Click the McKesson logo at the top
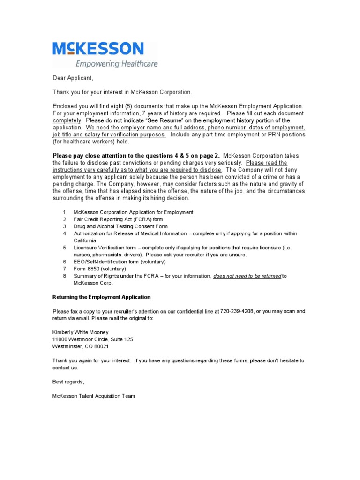pyautogui.click(x=98, y=49)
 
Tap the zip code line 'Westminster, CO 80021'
pyautogui.click(x=80, y=346)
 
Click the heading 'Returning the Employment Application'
pyautogui.click(x=101, y=297)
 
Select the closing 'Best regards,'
pyautogui.click(x=68, y=382)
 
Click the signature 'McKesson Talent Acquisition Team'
pyautogui.click(x=94, y=396)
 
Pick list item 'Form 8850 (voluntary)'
pyautogui.click(x=100, y=269)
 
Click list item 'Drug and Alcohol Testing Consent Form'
pyautogui.click(x=120, y=226)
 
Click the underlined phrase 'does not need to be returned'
pyautogui.click(x=247, y=276)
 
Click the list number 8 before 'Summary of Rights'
pyautogui.click(x=66, y=276)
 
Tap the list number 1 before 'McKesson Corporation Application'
pyautogui.click(x=66, y=212)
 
